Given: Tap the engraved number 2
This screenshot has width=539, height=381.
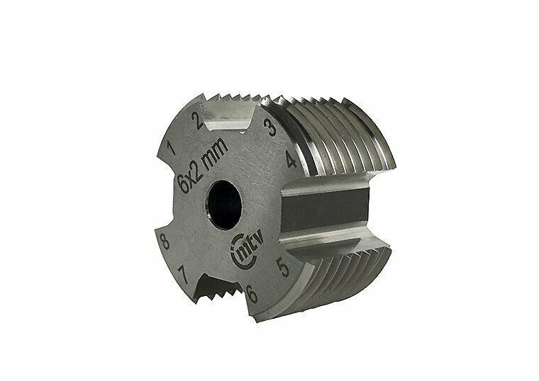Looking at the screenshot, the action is point(197,121).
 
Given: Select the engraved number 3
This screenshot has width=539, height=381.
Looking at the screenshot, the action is point(269,127).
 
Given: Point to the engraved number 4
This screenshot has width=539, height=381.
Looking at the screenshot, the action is point(291,159).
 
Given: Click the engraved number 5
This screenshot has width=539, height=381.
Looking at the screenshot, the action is point(283,267).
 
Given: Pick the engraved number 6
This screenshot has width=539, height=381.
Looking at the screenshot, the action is point(252,293).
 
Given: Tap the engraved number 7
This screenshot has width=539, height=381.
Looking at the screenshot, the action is point(183,274).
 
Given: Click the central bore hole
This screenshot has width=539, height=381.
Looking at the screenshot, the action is point(225,205).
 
